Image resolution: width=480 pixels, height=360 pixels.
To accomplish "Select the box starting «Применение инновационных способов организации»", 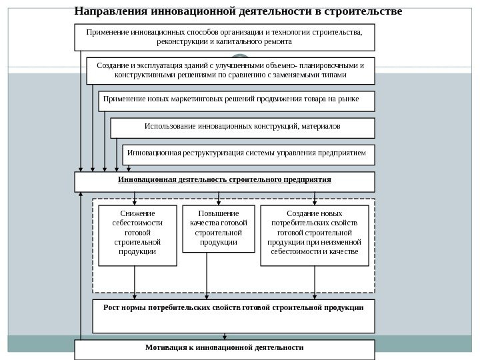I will click(224, 37).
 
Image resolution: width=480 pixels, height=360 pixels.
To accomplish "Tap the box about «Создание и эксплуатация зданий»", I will click(231, 71).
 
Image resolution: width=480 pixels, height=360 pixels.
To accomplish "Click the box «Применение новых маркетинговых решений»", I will click(237, 101).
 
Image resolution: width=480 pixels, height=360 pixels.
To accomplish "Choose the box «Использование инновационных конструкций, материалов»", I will click(242, 127).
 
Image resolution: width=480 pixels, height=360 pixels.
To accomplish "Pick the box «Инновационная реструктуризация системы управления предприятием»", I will click(248, 154).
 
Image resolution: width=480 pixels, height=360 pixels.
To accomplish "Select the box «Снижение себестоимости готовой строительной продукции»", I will click(137, 235).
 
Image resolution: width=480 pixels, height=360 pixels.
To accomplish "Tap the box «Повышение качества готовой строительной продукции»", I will click(219, 229).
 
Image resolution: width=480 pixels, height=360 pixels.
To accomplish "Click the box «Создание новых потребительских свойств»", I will click(314, 235).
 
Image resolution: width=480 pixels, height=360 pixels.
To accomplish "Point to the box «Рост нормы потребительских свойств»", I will click(233, 315).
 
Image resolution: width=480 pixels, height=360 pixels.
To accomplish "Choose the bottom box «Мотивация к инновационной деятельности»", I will click(224, 349).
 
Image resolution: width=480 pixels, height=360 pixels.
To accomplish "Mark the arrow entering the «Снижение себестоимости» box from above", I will click(135, 198).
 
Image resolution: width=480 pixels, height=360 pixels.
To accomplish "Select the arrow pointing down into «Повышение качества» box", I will click(219, 198).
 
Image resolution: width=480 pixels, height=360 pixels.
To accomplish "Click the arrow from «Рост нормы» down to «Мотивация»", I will click(225, 337).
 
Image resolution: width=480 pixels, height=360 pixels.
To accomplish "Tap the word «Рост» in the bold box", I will click(111, 308).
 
